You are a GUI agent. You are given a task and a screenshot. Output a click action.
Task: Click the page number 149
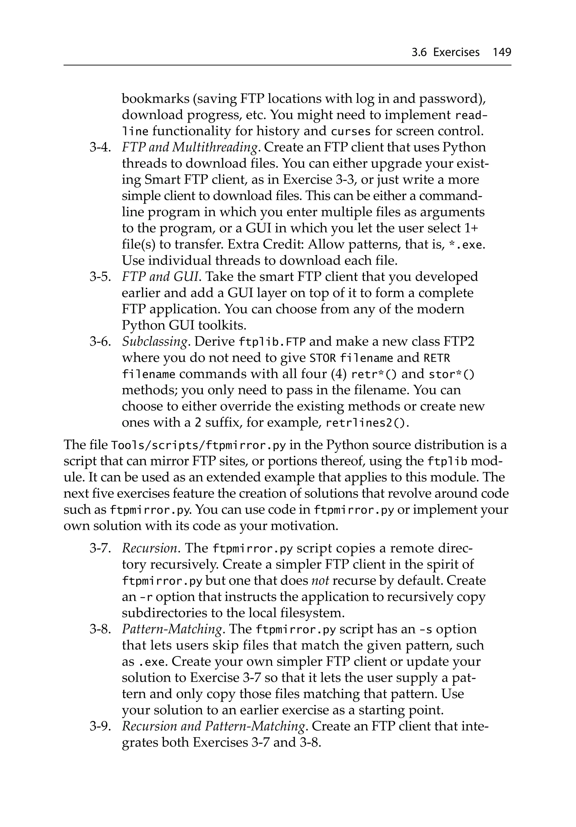click(x=501, y=52)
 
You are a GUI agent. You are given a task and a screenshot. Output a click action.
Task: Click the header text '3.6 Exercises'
click(x=445, y=52)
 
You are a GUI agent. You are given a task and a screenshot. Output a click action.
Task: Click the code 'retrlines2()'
click(x=367, y=423)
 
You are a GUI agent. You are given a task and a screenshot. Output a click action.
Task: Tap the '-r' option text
click(x=146, y=597)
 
